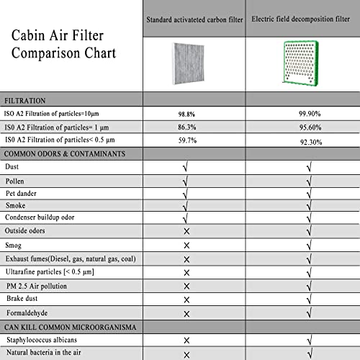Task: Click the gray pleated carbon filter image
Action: pyautogui.click(x=186, y=63)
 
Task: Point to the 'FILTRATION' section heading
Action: pyautogui.click(x=28, y=100)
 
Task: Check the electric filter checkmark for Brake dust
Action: pyautogui.click(x=308, y=300)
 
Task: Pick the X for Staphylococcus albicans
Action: pyautogui.click(x=186, y=340)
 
